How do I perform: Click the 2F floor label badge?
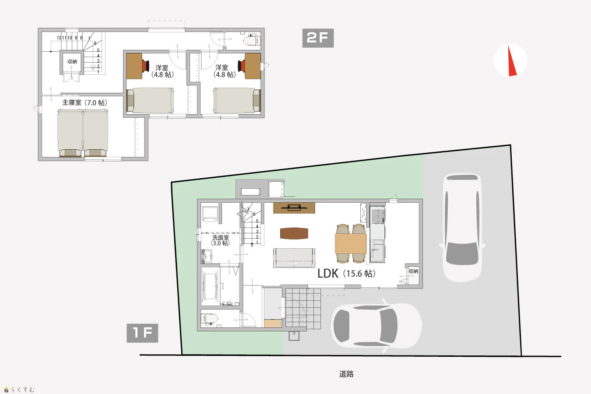[x=318, y=38]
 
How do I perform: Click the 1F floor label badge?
[x=142, y=333]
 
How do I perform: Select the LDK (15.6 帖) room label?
[x=346, y=274]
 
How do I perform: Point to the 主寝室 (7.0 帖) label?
[x=84, y=102]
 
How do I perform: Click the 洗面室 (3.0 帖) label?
[x=220, y=240]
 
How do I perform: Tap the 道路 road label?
[x=346, y=374]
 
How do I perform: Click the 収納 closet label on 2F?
[x=72, y=61]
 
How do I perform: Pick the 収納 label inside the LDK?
[x=413, y=271]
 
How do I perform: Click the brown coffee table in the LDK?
[x=294, y=233]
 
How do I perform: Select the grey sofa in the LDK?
[x=294, y=258]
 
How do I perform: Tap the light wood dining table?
[x=351, y=243]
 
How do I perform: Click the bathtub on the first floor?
[x=210, y=287]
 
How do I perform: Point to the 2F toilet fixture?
[x=252, y=40]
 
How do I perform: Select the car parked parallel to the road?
[x=376, y=326]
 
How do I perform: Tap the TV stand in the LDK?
[x=294, y=208]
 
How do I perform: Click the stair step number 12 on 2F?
[x=59, y=38]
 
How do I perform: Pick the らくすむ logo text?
[x=23, y=390]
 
